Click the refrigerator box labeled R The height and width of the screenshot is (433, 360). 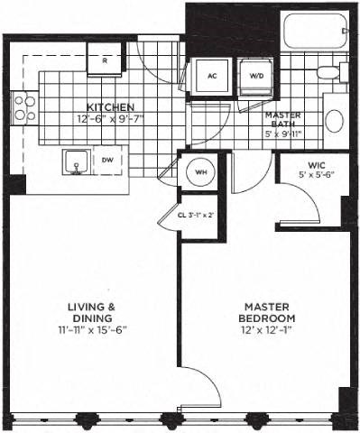coord(106,60)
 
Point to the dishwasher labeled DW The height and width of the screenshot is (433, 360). coord(107,161)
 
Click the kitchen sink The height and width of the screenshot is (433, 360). coord(76,163)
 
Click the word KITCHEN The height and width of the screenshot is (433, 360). coord(111,107)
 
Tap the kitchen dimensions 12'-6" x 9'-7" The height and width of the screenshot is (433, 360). coord(110,118)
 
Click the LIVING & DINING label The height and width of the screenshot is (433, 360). coord(91,312)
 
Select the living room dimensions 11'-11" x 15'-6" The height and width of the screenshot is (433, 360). coord(91,329)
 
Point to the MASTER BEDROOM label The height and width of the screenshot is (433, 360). coord(267,313)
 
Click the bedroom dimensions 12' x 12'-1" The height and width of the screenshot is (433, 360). coord(267,330)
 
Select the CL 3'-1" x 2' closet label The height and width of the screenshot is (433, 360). coord(197,216)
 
